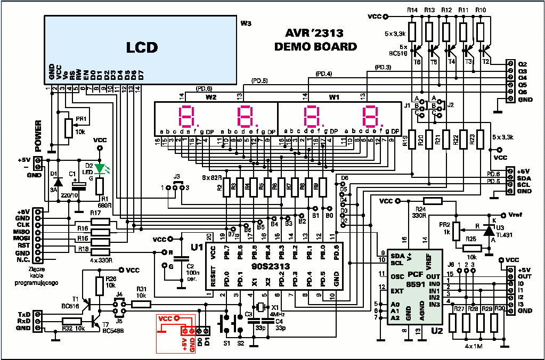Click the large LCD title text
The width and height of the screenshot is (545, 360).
click(142, 47)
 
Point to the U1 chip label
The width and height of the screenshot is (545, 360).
click(197, 248)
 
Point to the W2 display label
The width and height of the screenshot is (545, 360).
click(211, 97)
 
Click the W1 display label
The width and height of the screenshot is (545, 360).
click(334, 97)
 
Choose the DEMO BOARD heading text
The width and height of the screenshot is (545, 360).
click(315, 47)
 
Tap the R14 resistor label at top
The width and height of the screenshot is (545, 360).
click(412, 10)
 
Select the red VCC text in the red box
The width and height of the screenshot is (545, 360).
click(166, 318)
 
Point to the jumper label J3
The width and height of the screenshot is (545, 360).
click(177, 177)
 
